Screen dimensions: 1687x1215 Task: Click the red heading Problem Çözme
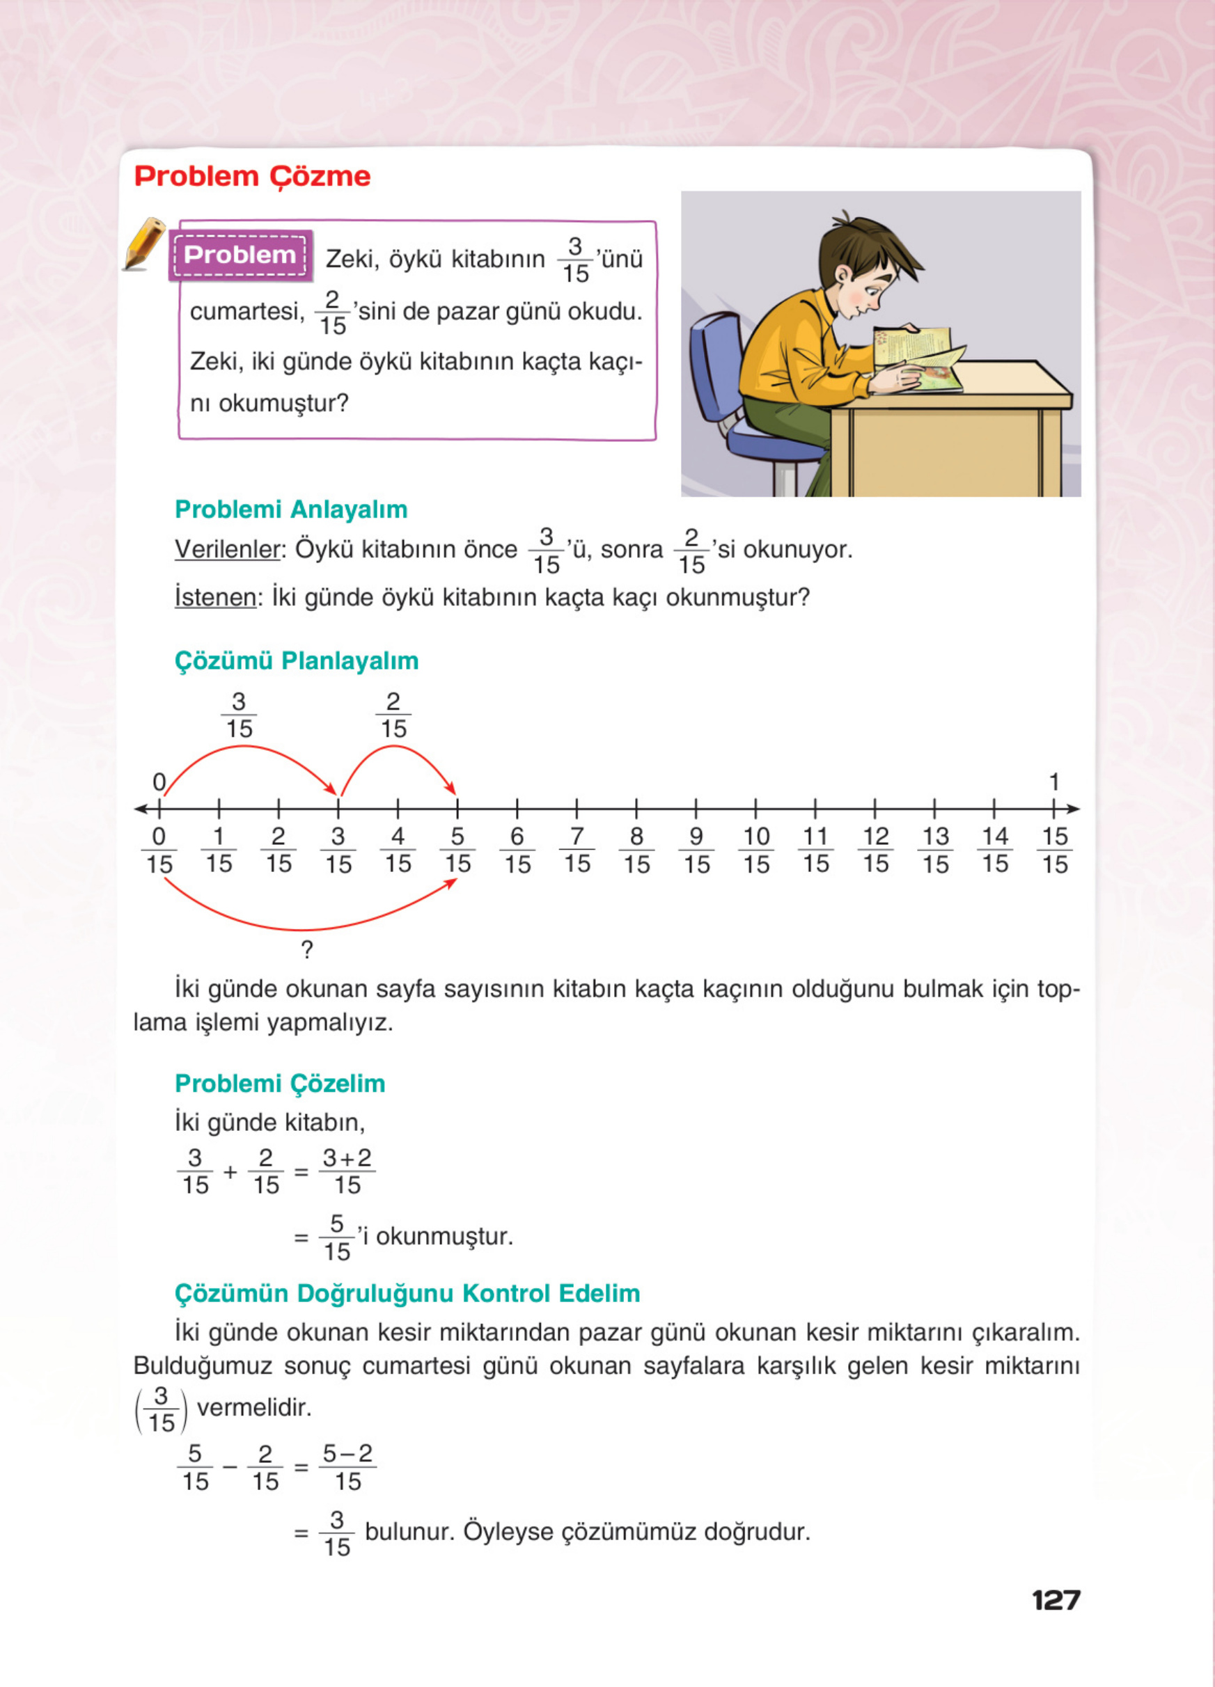[x=252, y=176]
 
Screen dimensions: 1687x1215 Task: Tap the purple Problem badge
[x=240, y=255]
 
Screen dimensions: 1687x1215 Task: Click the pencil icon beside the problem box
[x=144, y=243]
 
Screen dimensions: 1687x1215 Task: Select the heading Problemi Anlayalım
[x=291, y=509]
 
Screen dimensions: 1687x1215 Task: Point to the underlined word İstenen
[x=215, y=597]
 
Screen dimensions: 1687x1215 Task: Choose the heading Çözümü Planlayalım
[x=296, y=660]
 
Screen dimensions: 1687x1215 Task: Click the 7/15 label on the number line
[x=577, y=850]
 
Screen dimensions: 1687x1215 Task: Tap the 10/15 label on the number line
[x=756, y=850]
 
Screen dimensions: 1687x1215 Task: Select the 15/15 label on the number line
[x=1054, y=850]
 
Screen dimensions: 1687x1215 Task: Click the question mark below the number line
[x=306, y=950]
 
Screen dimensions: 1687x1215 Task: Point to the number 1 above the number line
[x=1053, y=782]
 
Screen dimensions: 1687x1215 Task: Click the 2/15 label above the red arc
[x=393, y=715]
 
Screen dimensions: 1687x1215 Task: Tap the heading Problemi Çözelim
[x=280, y=1084]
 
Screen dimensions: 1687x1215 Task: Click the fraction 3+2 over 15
[x=347, y=1171]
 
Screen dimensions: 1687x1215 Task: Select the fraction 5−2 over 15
[x=347, y=1468]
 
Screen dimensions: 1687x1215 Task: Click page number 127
[x=1056, y=1600]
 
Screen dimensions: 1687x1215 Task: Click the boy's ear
[x=842, y=277]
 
